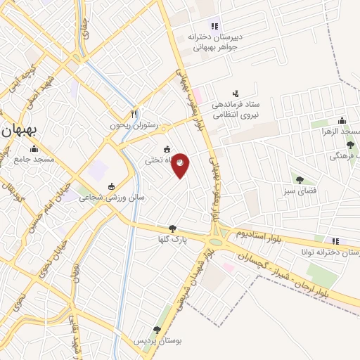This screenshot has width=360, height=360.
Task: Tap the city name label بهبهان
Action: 25,130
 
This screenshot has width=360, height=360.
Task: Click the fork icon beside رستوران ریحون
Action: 134,113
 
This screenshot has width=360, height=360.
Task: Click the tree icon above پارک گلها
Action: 172,228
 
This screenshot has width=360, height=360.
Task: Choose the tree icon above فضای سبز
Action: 300,179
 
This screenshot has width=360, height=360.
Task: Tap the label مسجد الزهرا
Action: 340,131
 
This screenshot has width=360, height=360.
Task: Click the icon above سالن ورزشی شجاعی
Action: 111,186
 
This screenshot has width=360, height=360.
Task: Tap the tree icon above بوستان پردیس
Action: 157,329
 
